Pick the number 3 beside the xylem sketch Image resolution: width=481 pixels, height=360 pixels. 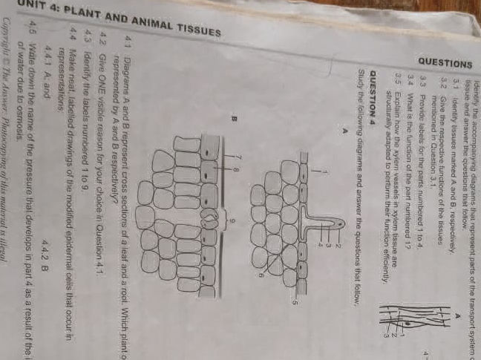click(x=385, y=336)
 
